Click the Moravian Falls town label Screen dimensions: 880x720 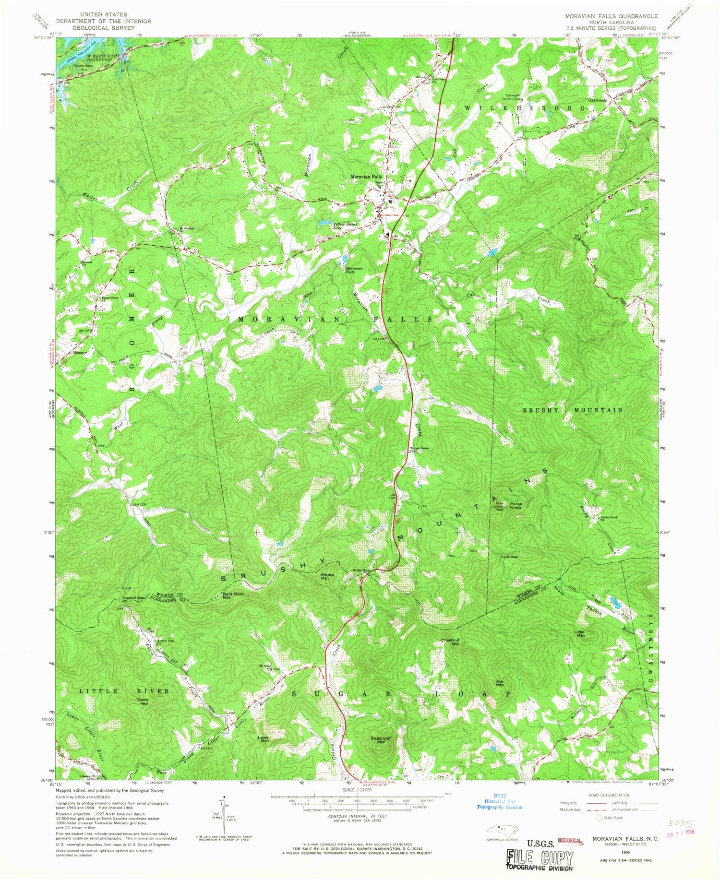(x=367, y=177)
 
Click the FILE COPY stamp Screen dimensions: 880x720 (x=540, y=857)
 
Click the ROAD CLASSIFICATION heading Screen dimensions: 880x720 (x=610, y=795)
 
